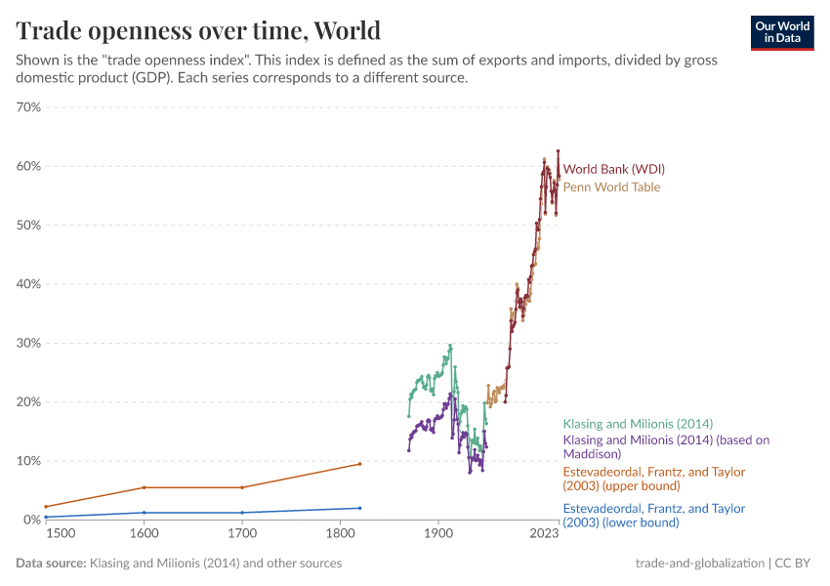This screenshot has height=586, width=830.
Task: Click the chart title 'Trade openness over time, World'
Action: click(x=198, y=30)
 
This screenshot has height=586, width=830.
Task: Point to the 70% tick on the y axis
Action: click(x=27, y=107)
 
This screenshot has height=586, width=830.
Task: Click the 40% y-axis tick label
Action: click(x=27, y=284)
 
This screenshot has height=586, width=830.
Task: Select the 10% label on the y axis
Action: click(x=27, y=461)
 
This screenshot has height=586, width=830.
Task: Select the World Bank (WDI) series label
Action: click(x=613, y=169)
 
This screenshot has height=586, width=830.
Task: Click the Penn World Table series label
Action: click(x=611, y=188)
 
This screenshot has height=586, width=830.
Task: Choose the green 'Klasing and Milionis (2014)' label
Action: click(x=638, y=424)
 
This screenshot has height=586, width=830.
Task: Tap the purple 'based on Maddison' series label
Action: click(x=666, y=446)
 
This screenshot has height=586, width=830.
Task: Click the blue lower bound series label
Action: click(x=653, y=515)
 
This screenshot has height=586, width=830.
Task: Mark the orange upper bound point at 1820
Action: click(x=359, y=464)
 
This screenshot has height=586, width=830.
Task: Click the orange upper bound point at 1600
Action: click(x=145, y=487)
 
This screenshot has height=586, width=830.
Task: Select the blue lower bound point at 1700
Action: click(x=242, y=513)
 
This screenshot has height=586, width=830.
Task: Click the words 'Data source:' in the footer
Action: click(x=51, y=564)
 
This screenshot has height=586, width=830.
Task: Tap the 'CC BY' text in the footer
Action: click(x=796, y=564)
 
